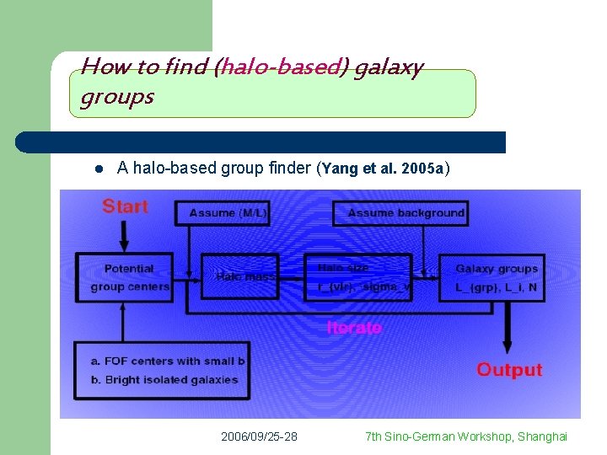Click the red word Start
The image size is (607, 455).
tap(125, 206)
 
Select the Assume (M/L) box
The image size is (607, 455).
tap(223, 213)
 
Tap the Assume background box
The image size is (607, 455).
tap(400, 213)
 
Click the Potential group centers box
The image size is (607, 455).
tap(125, 277)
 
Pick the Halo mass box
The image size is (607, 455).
tap(239, 276)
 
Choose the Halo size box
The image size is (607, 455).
tap(358, 276)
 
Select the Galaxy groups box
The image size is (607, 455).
tap(492, 277)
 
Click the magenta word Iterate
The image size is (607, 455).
tap(354, 328)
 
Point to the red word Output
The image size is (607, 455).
tap(509, 370)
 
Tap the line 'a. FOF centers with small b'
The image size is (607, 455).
tap(168, 361)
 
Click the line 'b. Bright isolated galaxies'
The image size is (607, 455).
tap(164, 379)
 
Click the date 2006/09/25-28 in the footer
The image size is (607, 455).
tap(259, 436)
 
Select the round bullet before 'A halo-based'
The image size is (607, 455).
tap(98, 169)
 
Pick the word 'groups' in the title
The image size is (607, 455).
tap(117, 97)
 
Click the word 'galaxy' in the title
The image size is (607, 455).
tap(388, 67)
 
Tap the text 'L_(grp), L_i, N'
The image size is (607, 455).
tap(496, 287)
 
